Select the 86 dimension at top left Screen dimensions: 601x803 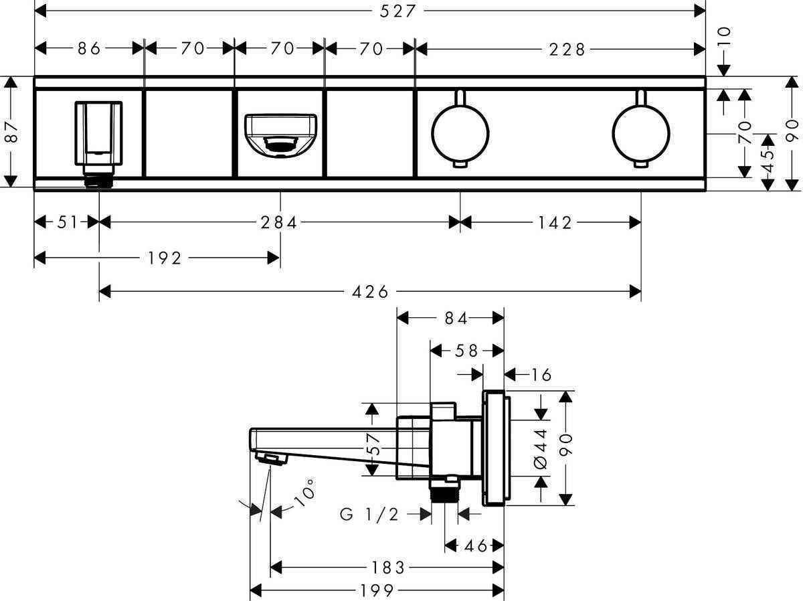(x=88, y=48)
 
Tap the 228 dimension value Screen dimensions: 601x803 (x=568, y=48)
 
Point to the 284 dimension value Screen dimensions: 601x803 (x=279, y=222)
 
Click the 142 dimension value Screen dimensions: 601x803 (x=555, y=222)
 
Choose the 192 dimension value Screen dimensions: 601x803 (x=165, y=258)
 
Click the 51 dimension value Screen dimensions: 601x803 (x=67, y=222)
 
